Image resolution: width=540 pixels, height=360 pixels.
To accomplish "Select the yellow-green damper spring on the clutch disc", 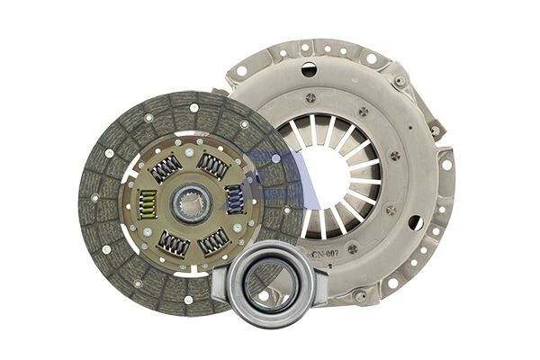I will pyautogui.click(x=148, y=204).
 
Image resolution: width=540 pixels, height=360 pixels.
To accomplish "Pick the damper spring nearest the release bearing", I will pyautogui.click(x=214, y=240).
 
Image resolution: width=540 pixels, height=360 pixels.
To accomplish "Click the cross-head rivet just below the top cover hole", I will pyautogui.click(x=310, y=97).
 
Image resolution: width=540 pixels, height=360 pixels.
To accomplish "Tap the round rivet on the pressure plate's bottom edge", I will pyautogui.click(x=360, y=294).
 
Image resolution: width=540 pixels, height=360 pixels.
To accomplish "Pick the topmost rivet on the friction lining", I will pyautogui.click(x=193, y=108).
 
